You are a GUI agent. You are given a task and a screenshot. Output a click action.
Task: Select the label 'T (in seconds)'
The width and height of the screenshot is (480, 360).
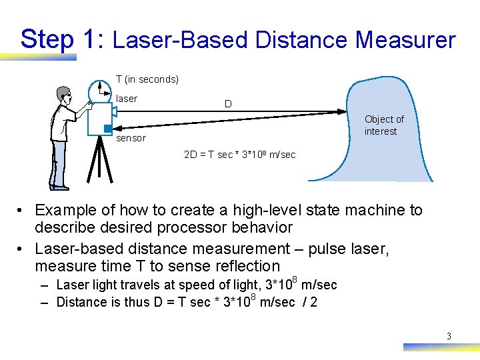[x=147, y=79]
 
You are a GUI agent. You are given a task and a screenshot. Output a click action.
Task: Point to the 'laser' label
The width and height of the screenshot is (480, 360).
[x=127, y=99]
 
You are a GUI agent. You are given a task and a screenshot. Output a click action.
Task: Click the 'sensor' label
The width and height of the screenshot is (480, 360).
[x=131, y=138]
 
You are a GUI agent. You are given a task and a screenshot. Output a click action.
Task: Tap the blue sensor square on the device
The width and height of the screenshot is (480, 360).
[x=107, y=128]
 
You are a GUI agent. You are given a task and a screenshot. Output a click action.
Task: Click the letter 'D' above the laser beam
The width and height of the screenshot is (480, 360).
[x=228, y=104]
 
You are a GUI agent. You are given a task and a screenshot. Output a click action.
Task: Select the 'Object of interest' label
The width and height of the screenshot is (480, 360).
[x=384, y=125]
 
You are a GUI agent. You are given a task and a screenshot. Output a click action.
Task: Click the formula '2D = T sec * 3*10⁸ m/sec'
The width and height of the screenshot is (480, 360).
[x=240, y=155]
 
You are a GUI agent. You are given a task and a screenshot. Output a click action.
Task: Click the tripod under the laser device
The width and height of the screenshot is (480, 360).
[x=101, y=160]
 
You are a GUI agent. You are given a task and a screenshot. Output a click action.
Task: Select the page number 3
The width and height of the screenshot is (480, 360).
[x=449, y=336]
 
